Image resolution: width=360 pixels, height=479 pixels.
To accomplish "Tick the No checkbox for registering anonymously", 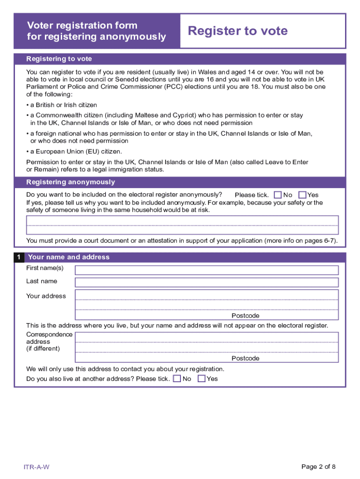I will (278, 195).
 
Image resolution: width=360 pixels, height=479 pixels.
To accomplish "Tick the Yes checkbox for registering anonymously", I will (302, 195).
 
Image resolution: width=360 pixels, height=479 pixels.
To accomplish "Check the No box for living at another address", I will (177, 378).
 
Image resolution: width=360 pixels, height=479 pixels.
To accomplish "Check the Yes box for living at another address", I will (202, 378).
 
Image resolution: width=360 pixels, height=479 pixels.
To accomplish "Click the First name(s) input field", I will (207, 270).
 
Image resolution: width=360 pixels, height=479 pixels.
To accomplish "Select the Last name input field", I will (207, 282).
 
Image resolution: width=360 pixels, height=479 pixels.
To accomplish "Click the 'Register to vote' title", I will (238, 31).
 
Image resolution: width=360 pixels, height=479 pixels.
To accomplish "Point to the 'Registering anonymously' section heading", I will (71, 182).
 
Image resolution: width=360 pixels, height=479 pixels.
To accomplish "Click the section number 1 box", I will (19, 257).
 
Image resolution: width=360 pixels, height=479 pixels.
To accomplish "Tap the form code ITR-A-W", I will (37, 467).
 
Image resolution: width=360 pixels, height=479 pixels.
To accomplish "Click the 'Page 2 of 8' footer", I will (318, 466).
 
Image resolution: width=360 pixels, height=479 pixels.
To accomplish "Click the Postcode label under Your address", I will (245, 316).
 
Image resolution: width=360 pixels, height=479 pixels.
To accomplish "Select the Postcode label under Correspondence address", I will (245, 358).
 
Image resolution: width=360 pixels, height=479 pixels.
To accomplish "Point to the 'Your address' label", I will (46, 296).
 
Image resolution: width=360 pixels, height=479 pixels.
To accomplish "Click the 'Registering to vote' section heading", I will (59, 59).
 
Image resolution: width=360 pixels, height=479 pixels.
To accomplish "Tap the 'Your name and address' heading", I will (69, 257).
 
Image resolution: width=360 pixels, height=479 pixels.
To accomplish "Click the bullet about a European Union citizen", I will (75, 152).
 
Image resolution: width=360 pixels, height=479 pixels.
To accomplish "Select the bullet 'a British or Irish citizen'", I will (62, 105).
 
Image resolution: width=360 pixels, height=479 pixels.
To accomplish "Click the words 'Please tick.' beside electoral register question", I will (252, 195).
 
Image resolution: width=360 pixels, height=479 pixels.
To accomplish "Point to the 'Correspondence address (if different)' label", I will (49, 341).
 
